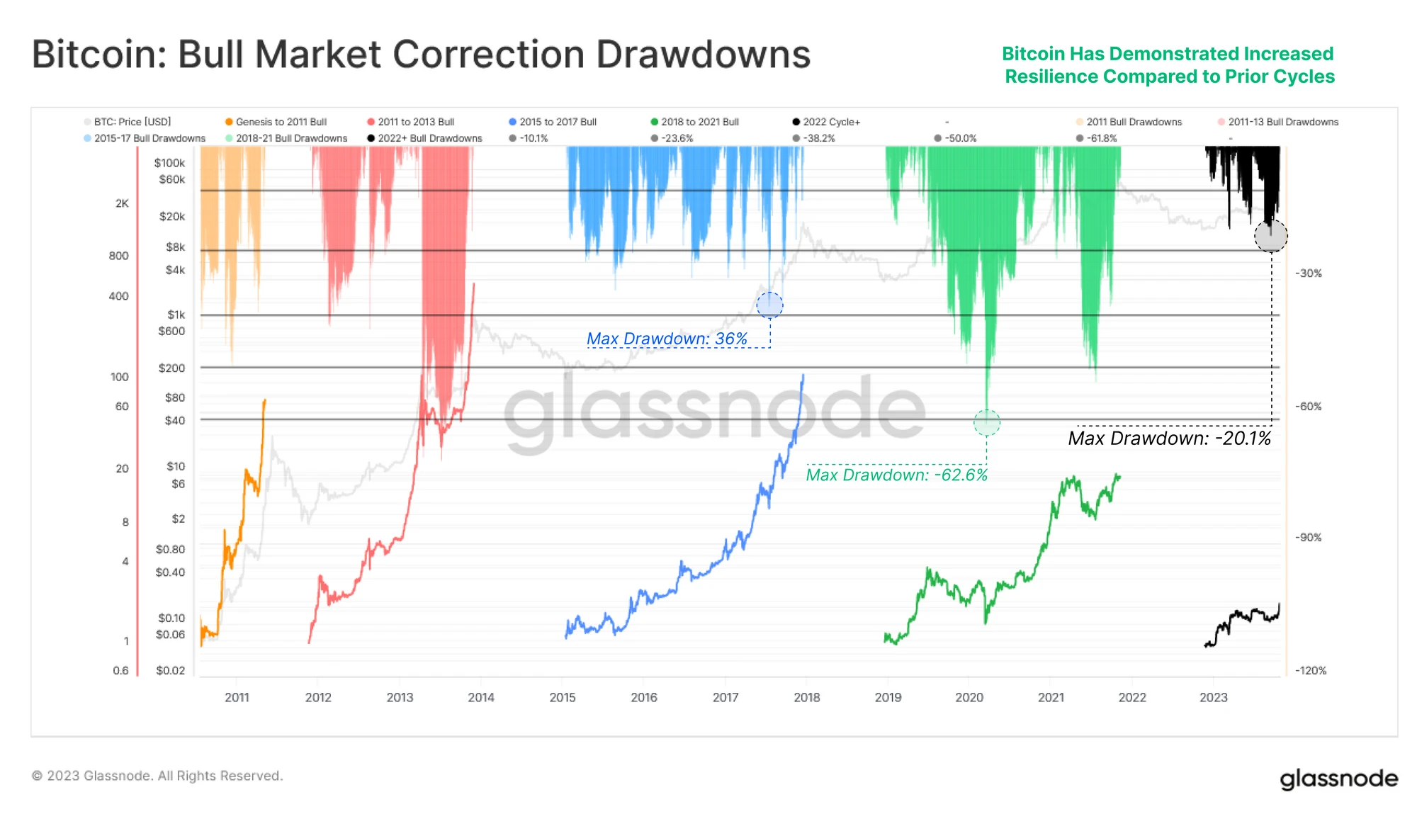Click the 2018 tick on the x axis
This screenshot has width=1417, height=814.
click(806, 697)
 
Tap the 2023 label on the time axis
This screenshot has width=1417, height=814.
click(1213, 697)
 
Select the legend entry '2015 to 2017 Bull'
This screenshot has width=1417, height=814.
click(558, 122)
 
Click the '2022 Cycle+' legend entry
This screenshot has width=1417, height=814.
click(831, 122)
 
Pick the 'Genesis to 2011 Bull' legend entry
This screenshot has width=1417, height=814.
click(281, 122)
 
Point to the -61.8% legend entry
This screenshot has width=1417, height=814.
click(1102, 138)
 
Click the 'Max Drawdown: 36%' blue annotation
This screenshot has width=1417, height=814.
click(667, 339)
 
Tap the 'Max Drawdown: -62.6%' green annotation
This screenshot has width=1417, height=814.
click(896, 475)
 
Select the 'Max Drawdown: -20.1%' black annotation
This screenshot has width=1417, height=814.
click(1169, 439)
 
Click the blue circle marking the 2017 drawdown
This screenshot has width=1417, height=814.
click(769, 305)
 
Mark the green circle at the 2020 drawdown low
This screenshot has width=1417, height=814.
click(986, 423)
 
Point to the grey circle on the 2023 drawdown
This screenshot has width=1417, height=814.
click(1270, 236)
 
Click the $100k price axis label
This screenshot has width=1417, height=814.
click(169, 163)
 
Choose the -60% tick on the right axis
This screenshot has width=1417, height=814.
click(1308, 407)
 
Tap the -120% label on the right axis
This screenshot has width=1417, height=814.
click(1310, 670)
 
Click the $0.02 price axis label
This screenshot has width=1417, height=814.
click(170, 670)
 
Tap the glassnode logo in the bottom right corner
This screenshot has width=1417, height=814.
click(1338, 779)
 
